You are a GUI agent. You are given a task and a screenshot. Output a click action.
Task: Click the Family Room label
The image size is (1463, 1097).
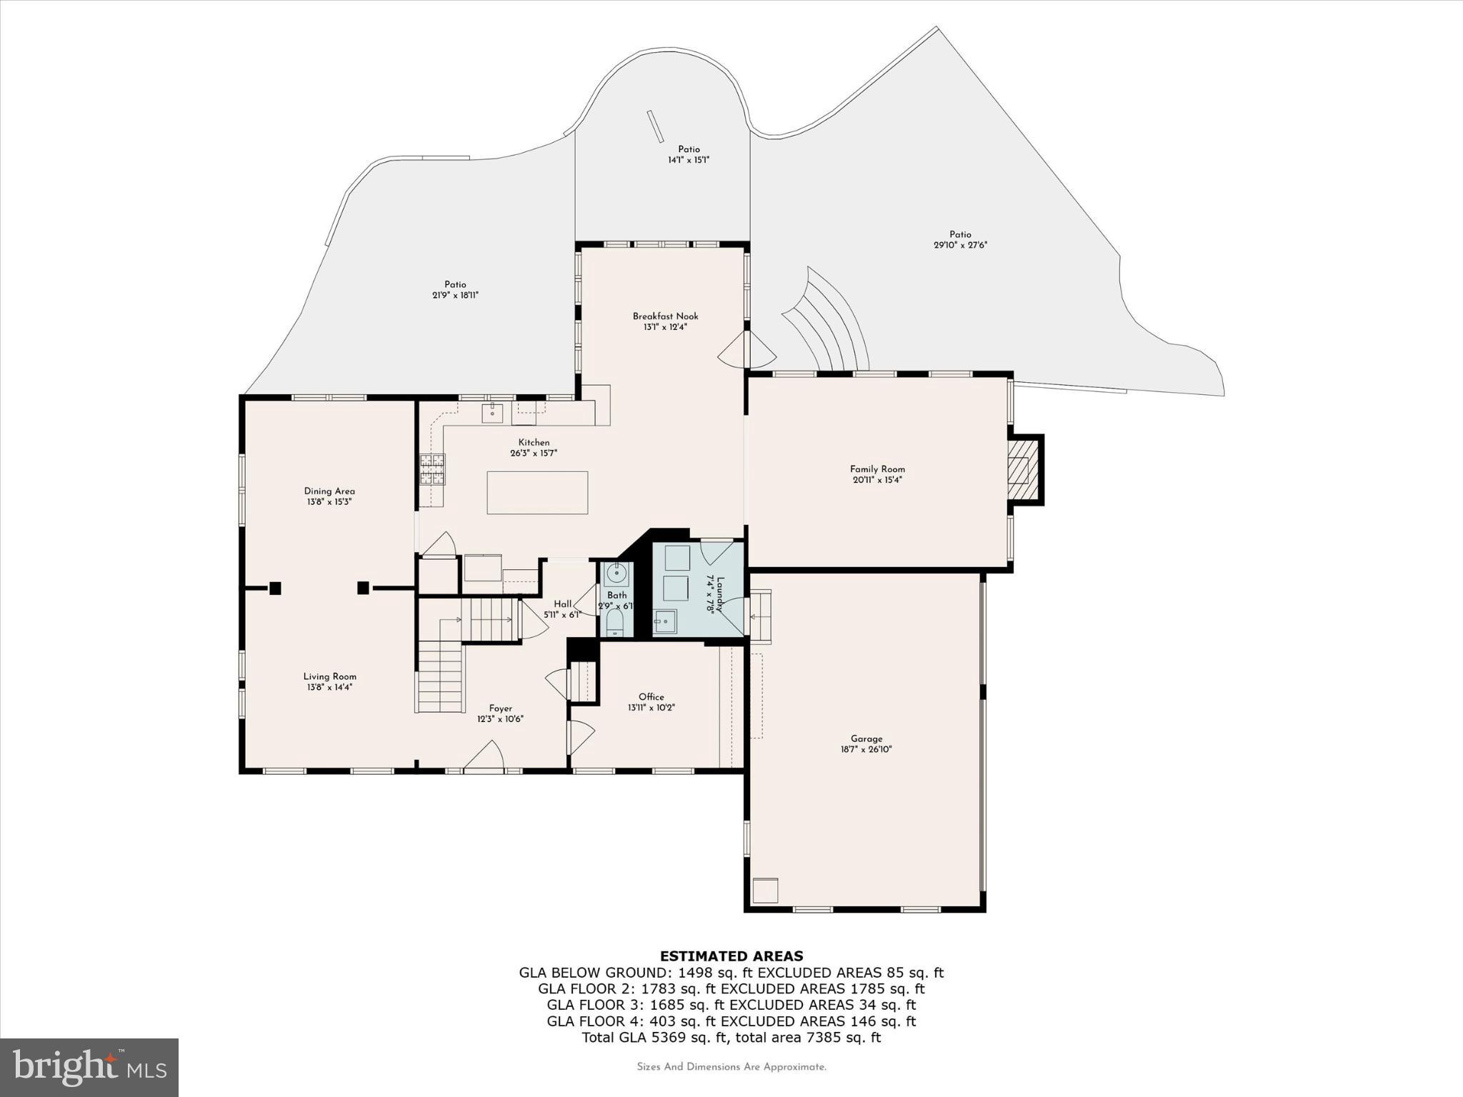click(x=877, y=469)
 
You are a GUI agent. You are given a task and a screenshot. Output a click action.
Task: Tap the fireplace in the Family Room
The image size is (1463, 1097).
click(x=1022, y=470)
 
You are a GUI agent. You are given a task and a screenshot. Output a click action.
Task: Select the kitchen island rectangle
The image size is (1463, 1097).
click(x=537, y=492)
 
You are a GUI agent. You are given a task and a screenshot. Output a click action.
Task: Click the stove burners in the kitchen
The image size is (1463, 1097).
click(x=432, y=469)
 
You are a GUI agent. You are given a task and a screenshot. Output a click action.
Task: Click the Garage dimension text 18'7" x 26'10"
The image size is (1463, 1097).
click(x=867, y=749)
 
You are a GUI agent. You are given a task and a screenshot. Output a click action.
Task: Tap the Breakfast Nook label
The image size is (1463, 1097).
click(x=665, y=316)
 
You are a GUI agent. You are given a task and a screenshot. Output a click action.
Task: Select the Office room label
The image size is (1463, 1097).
click(x=651, y=697)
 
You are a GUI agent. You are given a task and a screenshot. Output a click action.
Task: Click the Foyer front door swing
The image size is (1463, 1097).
click(x=484, y=756)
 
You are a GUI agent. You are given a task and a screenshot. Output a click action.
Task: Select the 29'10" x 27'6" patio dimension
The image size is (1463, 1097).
click(x=960, y=245)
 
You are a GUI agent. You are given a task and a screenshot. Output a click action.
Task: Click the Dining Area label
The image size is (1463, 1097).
click(x=329, y=491)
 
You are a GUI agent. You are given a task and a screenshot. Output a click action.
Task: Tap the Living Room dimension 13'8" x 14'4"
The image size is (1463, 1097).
click(x=329, y=687)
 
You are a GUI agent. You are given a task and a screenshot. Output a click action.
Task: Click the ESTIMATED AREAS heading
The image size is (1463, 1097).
click(x=731, y=956)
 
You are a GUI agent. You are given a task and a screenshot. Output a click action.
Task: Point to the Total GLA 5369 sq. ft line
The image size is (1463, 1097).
click(x=731, y=1038)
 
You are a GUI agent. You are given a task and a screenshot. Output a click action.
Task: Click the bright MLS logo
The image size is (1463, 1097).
click(x=89, y=1068)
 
